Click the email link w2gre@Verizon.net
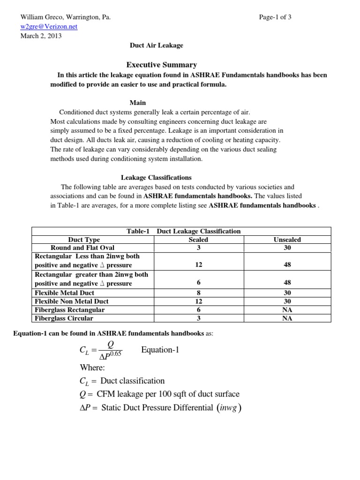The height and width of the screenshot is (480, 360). (49, 27)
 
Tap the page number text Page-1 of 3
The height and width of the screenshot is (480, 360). (275, 17)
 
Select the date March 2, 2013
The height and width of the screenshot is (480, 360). (41, 36)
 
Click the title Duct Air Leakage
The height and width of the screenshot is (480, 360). (156, 45)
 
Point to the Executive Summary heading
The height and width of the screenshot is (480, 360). (162, 65)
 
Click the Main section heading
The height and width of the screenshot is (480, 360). (137, 103)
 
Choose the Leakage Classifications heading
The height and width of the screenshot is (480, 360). (156, 178)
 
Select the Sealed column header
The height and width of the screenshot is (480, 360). (198, 240)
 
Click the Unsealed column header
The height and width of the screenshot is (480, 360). (287, 240)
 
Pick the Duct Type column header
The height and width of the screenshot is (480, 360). (84, 240)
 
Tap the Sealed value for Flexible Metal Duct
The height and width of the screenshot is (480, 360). (198, 292)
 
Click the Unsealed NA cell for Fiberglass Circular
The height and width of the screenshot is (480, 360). (287, 318)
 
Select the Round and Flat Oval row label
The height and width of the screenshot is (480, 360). (82, 247)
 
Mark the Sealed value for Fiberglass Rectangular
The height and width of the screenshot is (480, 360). (198, 310)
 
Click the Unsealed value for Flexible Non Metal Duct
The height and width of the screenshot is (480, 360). (287, 301)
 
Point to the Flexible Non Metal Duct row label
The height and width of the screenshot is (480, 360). (72, 301)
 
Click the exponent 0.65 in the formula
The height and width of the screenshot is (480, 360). (115, 354)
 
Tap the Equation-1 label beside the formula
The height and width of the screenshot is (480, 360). (160, 350)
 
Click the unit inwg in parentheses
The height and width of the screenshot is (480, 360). (230, 408)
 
